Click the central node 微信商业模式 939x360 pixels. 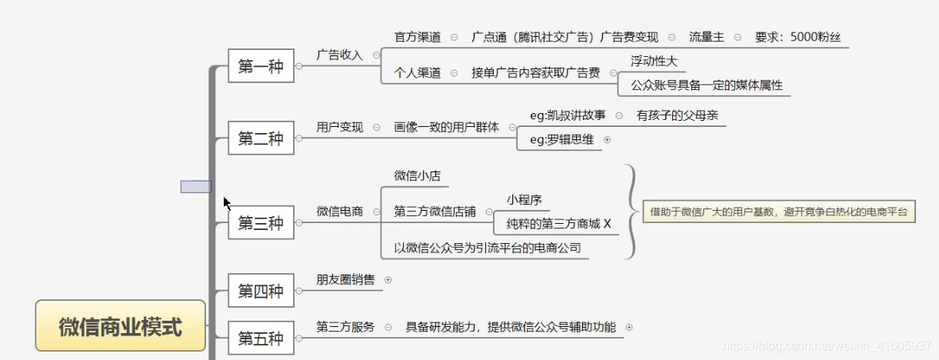[121, 326]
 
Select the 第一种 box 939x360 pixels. [261, 66]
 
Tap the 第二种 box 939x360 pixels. [261, 138]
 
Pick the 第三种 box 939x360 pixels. [261, 223]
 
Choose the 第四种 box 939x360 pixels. [261, 291]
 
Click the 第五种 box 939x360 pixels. [261, 338]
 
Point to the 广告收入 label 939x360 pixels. [339, 55]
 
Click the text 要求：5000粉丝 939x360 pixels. [802, 37]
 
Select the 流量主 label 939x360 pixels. [706, 37]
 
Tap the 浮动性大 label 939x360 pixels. [654, 61]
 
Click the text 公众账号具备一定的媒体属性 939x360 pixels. [706, 85]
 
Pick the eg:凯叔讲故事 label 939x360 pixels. [568, 115]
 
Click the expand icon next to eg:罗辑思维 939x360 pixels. [608, 140]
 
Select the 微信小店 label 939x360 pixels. [417, 175]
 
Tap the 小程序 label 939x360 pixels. [524, 200]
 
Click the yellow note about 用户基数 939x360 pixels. [779, 211]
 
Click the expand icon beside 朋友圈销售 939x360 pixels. [388, 280]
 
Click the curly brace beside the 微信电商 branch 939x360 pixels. [631, 210]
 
